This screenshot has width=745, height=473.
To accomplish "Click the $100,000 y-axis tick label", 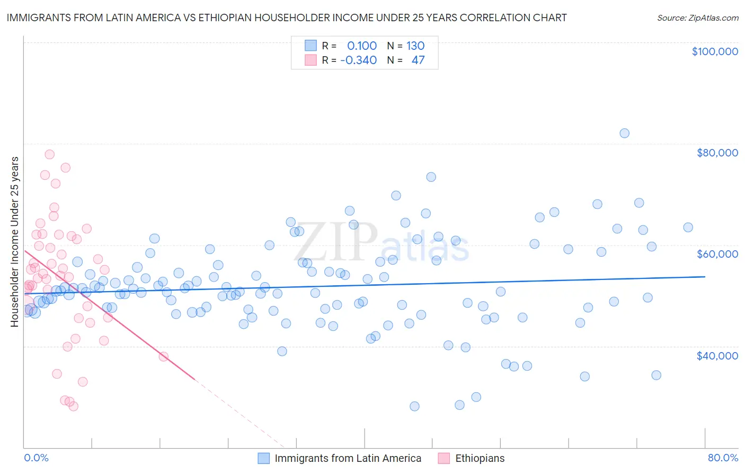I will click(714, 51).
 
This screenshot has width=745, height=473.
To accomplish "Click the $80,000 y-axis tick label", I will click(717, 153).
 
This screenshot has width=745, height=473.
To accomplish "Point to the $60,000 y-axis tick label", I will click(717, 254).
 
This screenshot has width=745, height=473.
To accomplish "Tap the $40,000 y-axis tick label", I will click(717, 355).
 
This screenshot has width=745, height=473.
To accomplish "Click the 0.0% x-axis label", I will click(36, 458).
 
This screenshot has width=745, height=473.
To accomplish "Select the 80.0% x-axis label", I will click(723, 458).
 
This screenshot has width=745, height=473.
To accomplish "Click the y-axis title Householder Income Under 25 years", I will click(14, 242).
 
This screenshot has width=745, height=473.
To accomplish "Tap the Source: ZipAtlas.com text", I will click(697, 18).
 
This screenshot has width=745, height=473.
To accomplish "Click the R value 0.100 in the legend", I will click(361, 46).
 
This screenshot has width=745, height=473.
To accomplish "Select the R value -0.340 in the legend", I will click(358, 60).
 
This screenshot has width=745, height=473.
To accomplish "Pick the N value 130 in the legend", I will click(415, 46).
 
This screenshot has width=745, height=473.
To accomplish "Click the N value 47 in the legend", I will click(418, 60).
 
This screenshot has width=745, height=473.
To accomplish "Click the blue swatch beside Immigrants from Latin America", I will click(263, 458).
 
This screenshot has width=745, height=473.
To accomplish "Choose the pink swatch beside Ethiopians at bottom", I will click(444, 458).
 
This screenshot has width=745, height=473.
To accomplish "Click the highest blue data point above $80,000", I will click(624, 133).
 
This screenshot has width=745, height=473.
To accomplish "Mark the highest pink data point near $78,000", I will click(49, 154).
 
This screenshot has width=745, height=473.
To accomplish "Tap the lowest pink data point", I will click(73, 406).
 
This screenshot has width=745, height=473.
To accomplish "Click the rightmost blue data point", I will click(688, 227).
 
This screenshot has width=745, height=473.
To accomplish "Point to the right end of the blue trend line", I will click(705, 277).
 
